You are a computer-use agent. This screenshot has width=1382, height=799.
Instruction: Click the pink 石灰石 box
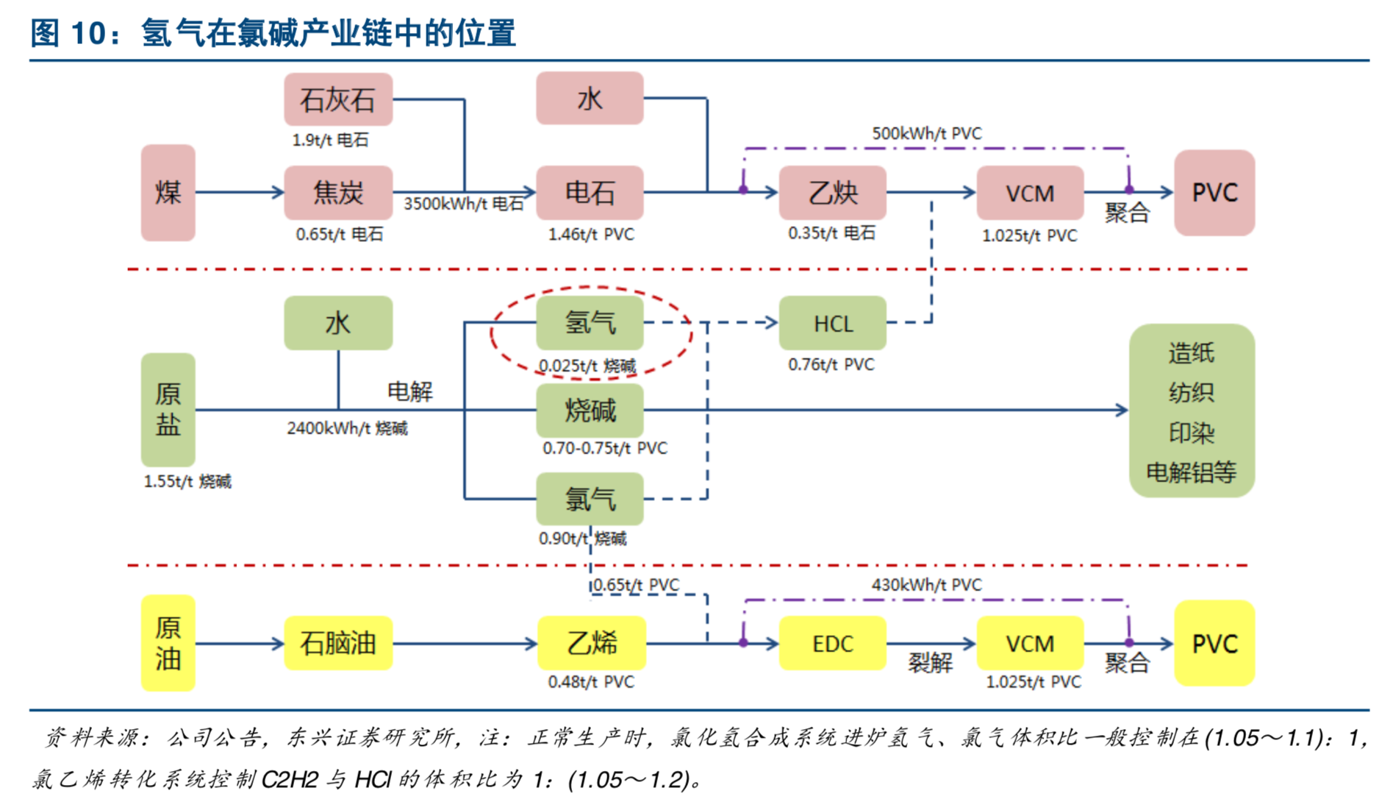point(338,99)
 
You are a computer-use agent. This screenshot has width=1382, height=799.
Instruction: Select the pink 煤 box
point(168,193)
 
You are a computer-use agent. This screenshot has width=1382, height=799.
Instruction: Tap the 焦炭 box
point(338,193)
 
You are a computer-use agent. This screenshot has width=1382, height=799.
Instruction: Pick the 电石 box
point(590,193)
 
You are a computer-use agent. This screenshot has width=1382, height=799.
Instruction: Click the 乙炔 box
point(832,193)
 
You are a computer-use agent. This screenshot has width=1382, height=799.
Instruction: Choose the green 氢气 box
point(590,323)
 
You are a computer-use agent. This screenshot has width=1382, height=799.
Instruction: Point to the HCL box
point(832,323)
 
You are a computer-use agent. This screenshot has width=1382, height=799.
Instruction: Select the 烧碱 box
point(590,411)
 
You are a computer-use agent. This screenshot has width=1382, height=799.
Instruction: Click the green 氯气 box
point(590,500)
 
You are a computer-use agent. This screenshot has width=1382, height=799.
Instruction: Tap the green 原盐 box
point(168,410)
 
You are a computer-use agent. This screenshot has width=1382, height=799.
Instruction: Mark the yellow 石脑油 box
point(338,644)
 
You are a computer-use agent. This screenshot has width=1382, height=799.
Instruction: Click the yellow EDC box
point(832,644)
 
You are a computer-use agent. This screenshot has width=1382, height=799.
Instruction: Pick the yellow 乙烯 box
point(592,644)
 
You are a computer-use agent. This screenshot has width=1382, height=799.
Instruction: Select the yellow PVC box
point(1214,644)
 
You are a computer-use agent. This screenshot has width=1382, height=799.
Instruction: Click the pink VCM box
point(1030,193)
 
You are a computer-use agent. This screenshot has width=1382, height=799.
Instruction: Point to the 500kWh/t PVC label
point(926,134)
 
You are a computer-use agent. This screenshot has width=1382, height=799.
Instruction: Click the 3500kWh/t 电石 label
point(463,204)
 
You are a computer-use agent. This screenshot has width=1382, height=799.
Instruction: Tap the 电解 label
point(410,391)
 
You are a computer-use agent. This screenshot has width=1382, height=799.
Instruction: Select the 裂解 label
point(930,663)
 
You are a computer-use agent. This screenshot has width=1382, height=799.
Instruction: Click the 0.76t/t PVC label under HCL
point(831,365)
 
